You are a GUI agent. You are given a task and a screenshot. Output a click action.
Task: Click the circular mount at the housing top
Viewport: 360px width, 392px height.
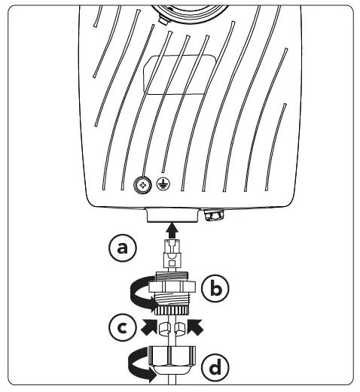pyautogui.click(x=181, y=9)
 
